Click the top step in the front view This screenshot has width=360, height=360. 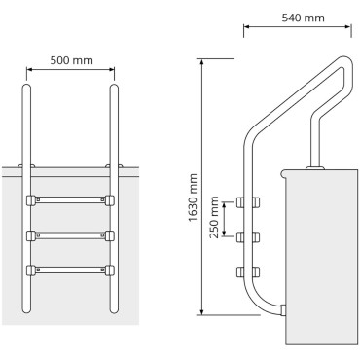click(71, 202)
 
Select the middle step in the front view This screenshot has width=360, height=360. click(71, 235)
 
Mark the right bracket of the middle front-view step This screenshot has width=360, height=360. click(111, 235)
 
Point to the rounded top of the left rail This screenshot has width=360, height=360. click(26, 90)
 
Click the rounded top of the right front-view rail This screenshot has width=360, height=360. click(115, 90)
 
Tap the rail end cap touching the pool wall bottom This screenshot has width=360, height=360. click(282, 310)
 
